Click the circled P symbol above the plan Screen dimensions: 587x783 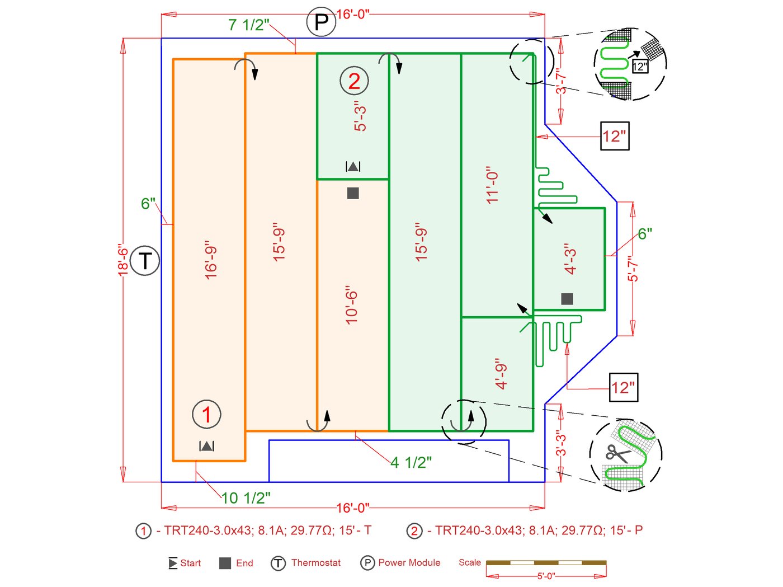click(x=321, y=23)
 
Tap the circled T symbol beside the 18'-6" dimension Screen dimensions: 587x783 click(x=145, y=261)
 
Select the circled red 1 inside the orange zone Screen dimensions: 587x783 click(x=206, y=415)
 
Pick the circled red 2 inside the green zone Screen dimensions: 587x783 click(x=354, y=81)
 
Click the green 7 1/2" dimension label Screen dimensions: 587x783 click(x=249, y=25)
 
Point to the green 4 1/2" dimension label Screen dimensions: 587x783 click(x=411, y=462)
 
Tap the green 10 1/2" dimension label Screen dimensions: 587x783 click(x=246, y=497)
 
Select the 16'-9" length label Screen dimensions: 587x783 click(x=210, y=260)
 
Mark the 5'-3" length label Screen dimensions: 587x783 click(x=361, y=116)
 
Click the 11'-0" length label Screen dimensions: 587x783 click(x=492, y=185)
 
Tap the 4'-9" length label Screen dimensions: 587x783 click(x=501, y=374)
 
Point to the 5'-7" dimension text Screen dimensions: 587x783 click(x=632, y=269)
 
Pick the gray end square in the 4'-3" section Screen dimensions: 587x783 click(x=567, y=299)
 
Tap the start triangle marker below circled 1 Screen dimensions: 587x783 click(x=206, y=446)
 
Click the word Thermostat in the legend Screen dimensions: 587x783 click(x=315, y=562)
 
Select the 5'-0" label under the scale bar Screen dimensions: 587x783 click(x=546, y=576)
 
